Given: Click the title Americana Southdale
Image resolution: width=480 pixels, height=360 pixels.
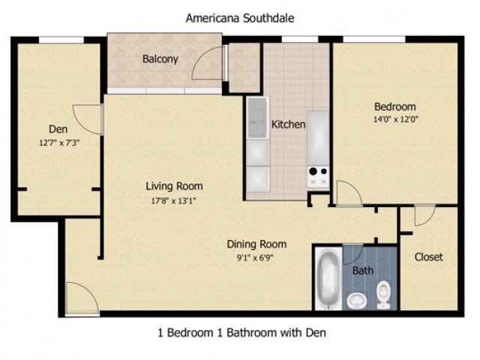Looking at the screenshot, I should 240,17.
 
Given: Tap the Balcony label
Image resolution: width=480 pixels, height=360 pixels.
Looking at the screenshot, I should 160,59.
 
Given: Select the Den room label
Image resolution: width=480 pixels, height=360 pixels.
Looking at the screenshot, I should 58,127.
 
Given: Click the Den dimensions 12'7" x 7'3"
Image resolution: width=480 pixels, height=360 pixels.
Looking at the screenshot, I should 58,142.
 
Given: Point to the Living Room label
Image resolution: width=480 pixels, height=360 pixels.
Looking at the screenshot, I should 174,186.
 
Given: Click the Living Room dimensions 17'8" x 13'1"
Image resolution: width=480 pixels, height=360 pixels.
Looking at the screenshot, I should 174,200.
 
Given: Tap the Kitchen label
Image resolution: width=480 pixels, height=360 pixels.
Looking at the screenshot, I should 288,124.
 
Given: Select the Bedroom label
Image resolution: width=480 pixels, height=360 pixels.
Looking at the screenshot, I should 394,106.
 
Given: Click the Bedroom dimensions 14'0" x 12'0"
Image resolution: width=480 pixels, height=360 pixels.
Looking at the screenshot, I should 394,119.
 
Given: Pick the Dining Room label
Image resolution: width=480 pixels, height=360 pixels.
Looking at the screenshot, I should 256,244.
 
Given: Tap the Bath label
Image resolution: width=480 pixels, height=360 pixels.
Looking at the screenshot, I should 363,270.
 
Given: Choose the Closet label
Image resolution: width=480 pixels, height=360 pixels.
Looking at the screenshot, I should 428,256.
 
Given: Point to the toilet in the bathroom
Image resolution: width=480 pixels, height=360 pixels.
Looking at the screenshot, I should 384,294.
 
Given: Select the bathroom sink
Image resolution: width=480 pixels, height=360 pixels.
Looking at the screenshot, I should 357,300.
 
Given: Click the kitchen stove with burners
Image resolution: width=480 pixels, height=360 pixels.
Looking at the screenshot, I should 318,175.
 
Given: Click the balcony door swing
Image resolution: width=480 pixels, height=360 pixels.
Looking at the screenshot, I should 208,66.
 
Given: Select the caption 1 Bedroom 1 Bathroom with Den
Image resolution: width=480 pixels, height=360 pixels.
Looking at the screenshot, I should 241,332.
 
